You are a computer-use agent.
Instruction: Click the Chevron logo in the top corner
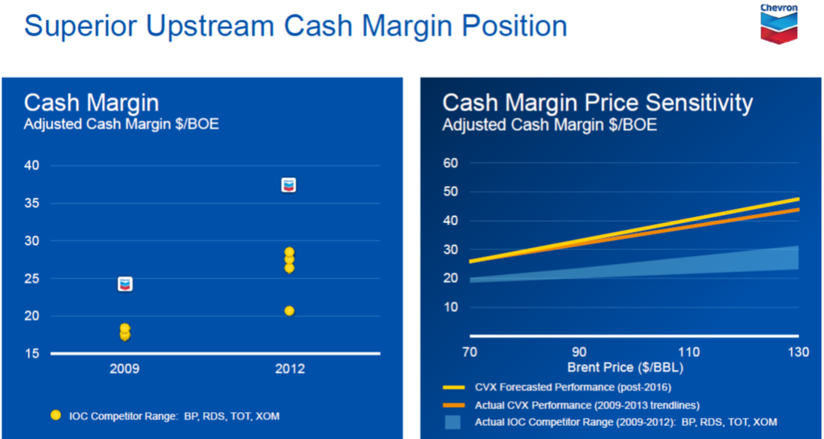780,23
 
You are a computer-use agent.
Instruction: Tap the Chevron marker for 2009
125,284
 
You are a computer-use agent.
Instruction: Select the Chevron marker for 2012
289,185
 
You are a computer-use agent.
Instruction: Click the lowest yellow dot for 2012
289,311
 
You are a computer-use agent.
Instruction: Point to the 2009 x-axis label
125,368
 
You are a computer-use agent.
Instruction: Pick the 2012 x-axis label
290,368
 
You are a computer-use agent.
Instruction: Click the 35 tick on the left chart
31,203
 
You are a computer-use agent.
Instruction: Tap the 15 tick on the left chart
31,353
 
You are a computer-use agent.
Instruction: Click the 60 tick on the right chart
450,163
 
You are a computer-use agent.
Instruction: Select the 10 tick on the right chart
450,307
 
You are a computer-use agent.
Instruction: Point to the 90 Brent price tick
579,351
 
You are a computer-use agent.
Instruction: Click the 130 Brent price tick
799,351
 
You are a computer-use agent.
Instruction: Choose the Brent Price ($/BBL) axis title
625,368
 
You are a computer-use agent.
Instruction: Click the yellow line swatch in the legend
454,387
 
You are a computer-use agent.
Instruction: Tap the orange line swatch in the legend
454,405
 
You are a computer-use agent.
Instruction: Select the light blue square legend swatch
452,422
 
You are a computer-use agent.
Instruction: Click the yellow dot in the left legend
55,416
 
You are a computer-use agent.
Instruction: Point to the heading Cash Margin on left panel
92,103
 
